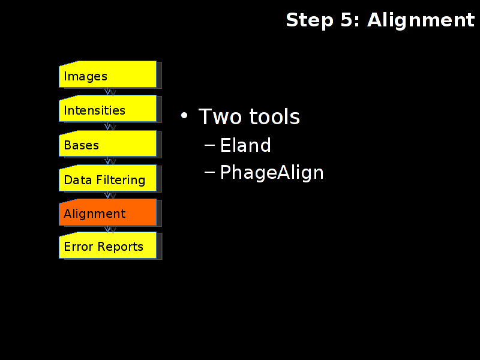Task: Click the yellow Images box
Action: pyautogui.click(x=108, y=74)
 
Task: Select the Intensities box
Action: pyautogui.click(x=108, y=109)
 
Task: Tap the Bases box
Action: pyautogui.click(x=108, y=143)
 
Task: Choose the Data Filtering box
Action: pyautogui.click(x=108, y=178)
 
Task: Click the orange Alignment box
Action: pyautogui.click(x=108, y=212)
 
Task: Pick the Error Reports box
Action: pyautogui.click(x=108, y=245)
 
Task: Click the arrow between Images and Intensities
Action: pyautogui.click(x=107, y=92)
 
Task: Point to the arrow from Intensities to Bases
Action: pyautogui.click(x=107, y=126)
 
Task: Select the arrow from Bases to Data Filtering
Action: pyautogui.click(x=107, y=161)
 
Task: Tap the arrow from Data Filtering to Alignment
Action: pyautogui.click(x=107, y=195)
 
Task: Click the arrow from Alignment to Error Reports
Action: pyautogui.click(x=107, y=229)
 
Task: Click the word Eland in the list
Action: pyautogui.click(x=245, y=145)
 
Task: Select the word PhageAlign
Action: pyautogui.click(x=272, y=173)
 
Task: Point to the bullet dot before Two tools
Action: pyautogui.click(x=184, y=115)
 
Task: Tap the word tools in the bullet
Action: pyautogui.click(x=275, y=116)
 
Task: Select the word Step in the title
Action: pyautogui.click(x=310, y=21)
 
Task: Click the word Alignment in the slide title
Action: pyautogui.click(x=421, y=21)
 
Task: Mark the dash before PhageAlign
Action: pyautogui.click(x=209, y=172)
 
